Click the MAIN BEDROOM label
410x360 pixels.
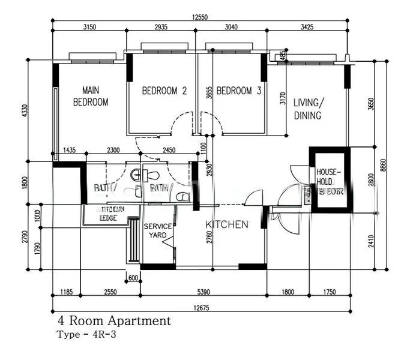point(91,96)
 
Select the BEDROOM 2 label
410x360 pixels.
point(164,91)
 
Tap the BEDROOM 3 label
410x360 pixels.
point(239,91)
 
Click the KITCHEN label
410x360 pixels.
point(227,224)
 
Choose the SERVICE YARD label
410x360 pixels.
point(158,231)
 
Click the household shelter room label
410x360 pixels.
point(330,182)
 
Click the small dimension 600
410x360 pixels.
point(133,277)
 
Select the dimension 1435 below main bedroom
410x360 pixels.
point(69,150)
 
